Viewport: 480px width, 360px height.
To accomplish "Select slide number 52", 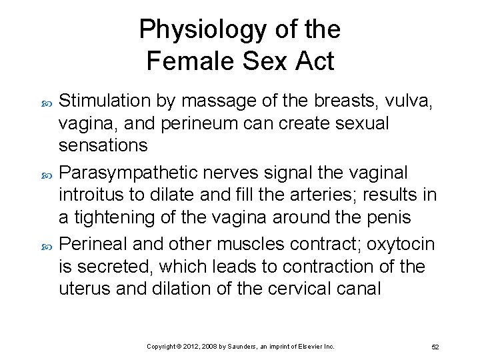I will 435,347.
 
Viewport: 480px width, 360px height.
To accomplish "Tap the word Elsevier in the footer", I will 310,347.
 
